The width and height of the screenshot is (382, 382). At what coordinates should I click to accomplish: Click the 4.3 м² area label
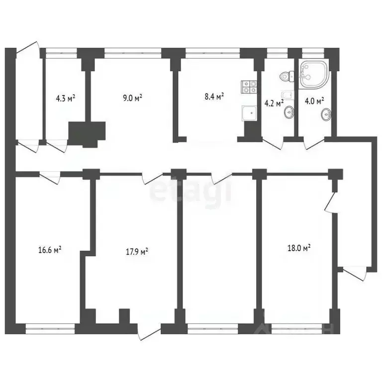click(65, 98)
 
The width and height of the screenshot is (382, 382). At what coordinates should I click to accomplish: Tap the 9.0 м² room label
click(133, 98)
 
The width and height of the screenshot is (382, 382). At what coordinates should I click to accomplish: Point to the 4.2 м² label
click(273, 103)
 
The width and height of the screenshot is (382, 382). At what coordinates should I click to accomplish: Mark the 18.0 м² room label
click(300, 248)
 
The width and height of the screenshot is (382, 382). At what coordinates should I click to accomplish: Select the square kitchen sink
click(249, 113)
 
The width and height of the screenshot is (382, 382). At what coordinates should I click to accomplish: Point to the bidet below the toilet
click(286, 95)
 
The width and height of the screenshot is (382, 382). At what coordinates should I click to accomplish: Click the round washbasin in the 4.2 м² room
click(288, 114)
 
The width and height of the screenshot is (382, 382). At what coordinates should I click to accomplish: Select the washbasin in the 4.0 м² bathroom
click(326, 116)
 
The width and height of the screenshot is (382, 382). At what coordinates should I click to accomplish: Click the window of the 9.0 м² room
click(133, 50)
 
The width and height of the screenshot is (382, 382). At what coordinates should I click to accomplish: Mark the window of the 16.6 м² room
click(50, 327)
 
